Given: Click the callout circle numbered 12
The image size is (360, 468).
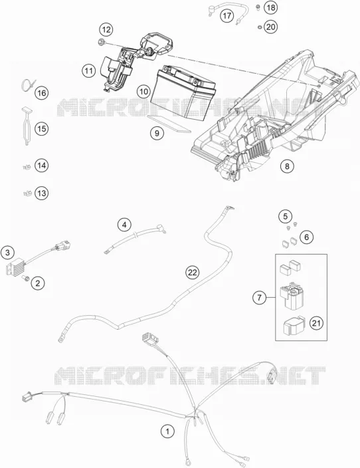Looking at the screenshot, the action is coord(106,30).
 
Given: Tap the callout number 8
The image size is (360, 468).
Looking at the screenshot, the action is coord(287,166).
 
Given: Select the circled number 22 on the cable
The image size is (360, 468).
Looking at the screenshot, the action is coord(193,272).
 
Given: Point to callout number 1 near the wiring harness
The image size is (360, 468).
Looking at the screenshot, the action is coord(167,431).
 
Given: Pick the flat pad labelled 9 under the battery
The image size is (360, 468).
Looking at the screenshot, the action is coord(169,124).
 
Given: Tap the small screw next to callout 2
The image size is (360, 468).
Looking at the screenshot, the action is coord(25,279).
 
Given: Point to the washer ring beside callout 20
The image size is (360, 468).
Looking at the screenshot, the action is coord(260,27).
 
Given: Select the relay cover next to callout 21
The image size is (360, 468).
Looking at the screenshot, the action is coord(294,325).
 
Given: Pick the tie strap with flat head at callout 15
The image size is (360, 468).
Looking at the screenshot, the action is coord(27,126).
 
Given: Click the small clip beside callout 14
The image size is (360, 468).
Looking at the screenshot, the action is coord(27,167).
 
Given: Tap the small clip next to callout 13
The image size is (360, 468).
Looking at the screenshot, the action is coord(27,193).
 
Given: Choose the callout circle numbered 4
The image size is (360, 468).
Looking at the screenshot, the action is coord(124,225).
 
